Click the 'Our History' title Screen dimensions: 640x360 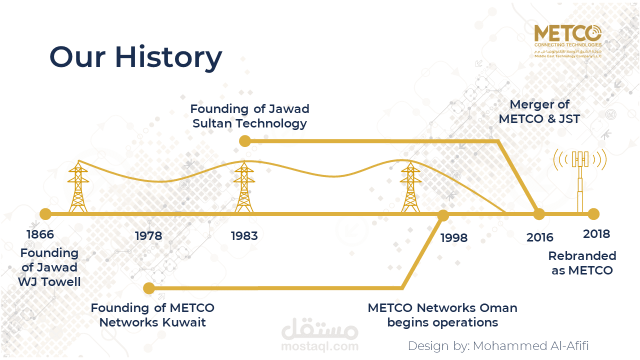click(135, 57)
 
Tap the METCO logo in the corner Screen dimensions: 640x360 click(568, 41)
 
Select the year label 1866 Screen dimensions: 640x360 click(40, 234)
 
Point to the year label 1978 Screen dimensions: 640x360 click(148, 236)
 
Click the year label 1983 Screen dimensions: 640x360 click(244, 236)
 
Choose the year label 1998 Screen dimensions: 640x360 click(454, 237)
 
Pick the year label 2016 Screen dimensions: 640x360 click(540, 237)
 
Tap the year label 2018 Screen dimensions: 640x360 click(596, 234)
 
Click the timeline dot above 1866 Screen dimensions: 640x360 click(45, 214)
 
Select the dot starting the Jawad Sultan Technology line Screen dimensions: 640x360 click(245, 141)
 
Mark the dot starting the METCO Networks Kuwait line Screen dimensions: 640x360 click(149, 288)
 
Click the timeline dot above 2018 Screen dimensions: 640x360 click(593, 214)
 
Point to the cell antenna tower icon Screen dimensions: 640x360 click(580, 180)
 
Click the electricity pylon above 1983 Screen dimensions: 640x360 click(244, 186)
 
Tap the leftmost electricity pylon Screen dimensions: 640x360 click(78, 186)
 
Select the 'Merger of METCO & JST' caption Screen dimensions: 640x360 click(539, 111)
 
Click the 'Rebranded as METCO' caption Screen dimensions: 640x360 click(582, 263)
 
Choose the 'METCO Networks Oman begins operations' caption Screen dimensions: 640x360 click(442, 315)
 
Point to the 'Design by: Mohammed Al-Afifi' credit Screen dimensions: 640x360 click(498, 346)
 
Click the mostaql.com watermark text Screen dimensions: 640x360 click(320, 346)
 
